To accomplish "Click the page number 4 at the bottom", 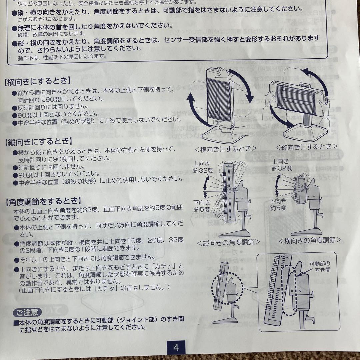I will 176,347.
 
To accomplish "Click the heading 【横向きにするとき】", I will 37,81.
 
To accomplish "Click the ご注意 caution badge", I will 27,312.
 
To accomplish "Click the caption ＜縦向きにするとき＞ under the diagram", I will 306,146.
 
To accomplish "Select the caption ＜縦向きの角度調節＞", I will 228,242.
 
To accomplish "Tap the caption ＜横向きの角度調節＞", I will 310,240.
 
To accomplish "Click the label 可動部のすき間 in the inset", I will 320,266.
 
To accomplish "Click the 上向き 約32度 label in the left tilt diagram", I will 202,166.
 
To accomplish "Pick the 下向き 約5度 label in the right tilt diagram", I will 278,204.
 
